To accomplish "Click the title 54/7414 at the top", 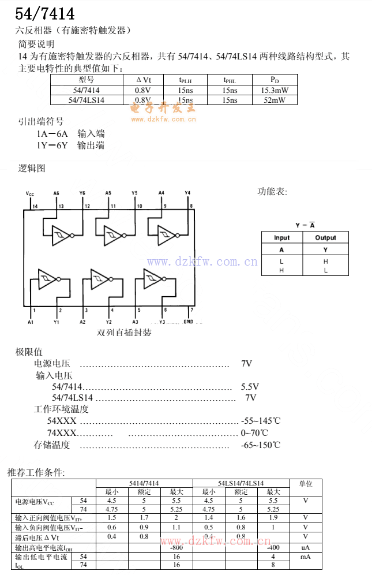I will tap(44, 13).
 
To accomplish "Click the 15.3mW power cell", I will tap(275, 90).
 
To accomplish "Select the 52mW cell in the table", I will tap(275, 100).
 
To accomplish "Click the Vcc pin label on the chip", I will tap(30, 193).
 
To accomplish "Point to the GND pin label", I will tap(188, 322).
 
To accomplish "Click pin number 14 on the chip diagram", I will tap(35, 206).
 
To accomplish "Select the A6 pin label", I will tap(56, 193).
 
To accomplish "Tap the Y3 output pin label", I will tap(162, 322).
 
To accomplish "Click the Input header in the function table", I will tap(282, 237).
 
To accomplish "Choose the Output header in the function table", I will tap(325, 237).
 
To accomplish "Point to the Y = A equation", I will tap(305, 225).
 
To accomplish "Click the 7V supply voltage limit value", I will tap(246, 364).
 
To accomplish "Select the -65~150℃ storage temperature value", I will tap(260, 445).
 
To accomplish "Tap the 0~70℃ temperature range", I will tap(254, 432).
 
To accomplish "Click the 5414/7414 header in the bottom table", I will tap(144, 483).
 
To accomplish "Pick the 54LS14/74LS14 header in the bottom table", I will tap(241, 483).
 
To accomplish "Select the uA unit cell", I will tap(305, 547).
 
